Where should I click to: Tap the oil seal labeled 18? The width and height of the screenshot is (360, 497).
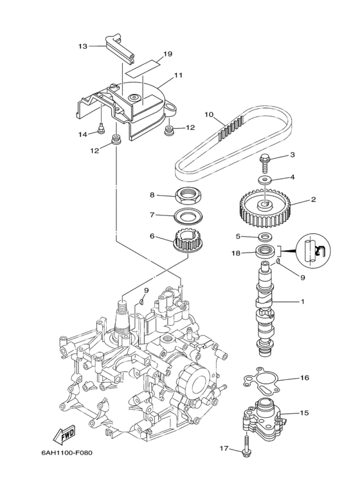point(265,251)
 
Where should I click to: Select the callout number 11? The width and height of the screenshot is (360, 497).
point(177,76)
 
